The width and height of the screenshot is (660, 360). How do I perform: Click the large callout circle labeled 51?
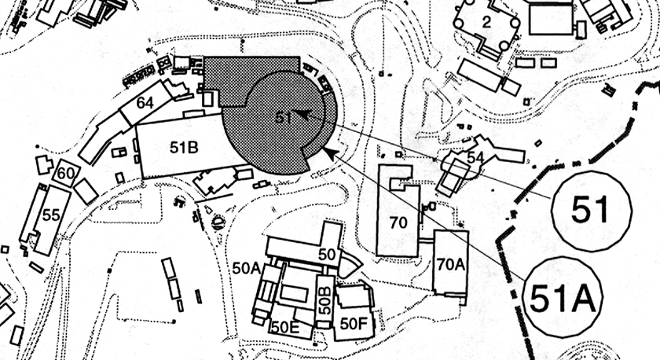[x=592, y=209]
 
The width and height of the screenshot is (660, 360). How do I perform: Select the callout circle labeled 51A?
[x=562, y=297]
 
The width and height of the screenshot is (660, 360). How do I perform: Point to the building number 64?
[x=145, y=103]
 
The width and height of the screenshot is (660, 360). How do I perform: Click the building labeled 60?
[x=66, y=173]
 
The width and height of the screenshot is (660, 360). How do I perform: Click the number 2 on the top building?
[x=486, y=23]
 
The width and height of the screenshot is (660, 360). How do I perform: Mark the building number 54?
[x=475, y=157]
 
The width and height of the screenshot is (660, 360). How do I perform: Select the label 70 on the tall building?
[x=398, y=222]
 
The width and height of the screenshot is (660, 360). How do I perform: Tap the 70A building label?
[x=449, y=265]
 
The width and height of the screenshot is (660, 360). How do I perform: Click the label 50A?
[x=246, y=267]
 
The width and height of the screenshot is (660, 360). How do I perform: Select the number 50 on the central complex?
[x=327, y=255]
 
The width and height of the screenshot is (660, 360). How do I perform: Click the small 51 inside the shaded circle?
[x=284, y=117]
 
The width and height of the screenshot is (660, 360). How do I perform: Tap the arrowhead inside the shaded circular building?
[x=302, y=114]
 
